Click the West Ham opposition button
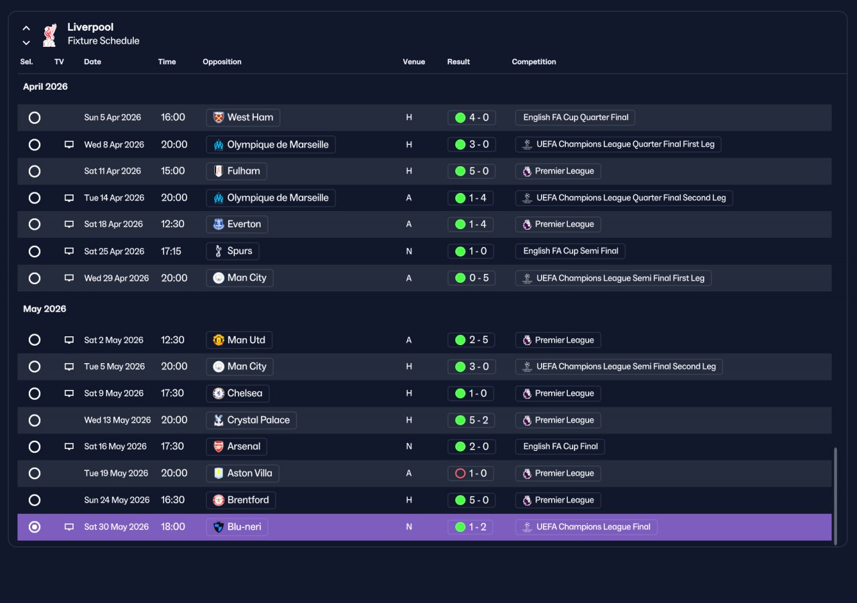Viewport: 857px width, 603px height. coord(243,117)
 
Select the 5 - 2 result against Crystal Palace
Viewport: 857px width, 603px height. coord(471,420)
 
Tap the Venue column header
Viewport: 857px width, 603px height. coord(414,62)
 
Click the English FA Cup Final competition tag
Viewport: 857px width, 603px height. coord(560,446)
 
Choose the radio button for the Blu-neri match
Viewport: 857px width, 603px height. coord(34,527)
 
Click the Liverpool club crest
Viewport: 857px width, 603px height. coord(50,36)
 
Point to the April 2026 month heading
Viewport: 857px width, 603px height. coord(45,86)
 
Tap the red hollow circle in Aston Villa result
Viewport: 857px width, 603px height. coord(460,473)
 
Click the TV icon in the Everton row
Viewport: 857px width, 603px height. coord(69,224)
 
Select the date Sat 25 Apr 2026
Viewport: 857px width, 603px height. coord(114,251)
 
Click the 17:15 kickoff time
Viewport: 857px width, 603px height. coord(171,251)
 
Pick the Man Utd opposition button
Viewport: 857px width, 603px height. coord(239,340)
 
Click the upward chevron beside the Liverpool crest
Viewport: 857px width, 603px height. coord(26,28)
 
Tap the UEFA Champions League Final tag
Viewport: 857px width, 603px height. coord(586,527)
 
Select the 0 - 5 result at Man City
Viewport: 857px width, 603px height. coord(471,278)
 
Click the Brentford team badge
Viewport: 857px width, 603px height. coord(218,500)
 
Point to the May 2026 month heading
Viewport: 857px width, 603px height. coord(44,309)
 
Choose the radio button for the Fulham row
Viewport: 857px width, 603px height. coord(34,171)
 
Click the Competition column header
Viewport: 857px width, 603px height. coord(534,62)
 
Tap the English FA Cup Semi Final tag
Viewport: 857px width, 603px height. coord(570,251)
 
